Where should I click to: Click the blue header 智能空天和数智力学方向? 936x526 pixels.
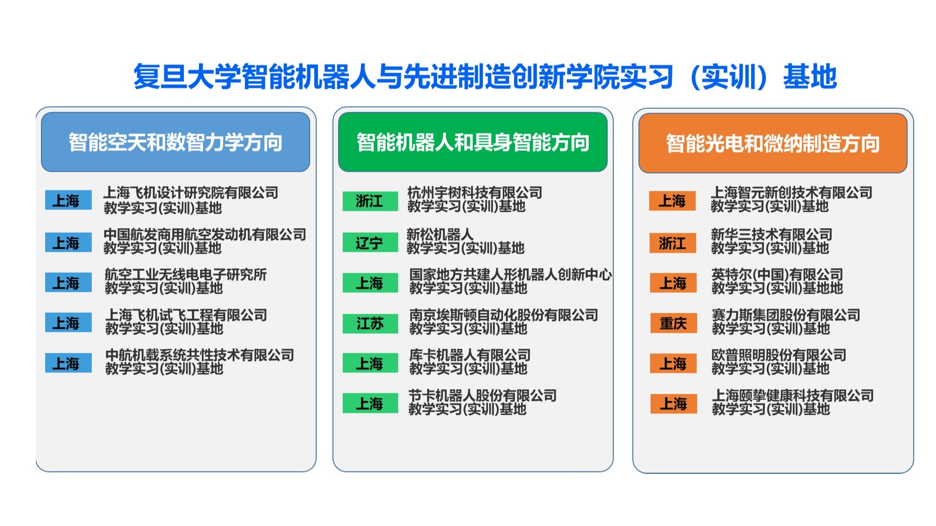(176, 142)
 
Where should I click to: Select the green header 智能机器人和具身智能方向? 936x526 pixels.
(473, 142)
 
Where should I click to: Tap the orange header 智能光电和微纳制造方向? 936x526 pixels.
(773, 143)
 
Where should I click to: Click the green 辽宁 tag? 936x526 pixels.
(370, 243)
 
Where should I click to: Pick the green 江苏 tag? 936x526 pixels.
(370, 323)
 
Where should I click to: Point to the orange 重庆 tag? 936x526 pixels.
(673, 323)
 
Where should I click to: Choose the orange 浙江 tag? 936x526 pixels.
(673, 243)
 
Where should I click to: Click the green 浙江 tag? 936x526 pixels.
(370, 201)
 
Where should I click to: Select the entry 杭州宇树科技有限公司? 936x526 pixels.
(475, 192)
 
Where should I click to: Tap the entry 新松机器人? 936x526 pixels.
(440, 234)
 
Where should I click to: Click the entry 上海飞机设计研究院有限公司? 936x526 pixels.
(191, 192)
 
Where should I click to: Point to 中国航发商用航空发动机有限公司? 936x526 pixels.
(205, 234)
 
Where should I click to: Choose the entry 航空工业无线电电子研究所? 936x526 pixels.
(186, 274)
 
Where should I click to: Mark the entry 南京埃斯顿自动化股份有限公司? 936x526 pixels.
(504, 315)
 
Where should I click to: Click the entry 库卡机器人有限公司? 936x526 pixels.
(470, 355)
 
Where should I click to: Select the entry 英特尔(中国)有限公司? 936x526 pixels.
(777, 274)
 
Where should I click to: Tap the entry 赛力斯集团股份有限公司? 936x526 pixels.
(786, 315)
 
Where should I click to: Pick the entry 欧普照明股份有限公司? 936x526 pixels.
(779, 355)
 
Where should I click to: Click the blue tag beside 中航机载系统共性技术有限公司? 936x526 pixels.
(68, 363)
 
